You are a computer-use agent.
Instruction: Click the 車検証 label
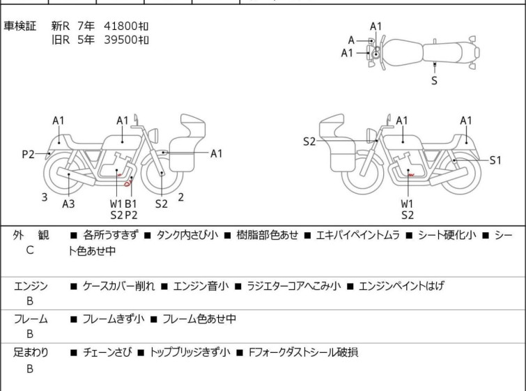(x=20, y=26)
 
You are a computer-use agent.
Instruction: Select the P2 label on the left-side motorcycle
(x=28, y=155)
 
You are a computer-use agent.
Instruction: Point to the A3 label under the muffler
(x=68, y=204)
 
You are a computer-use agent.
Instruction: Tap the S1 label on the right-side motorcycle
(x=495, y=160)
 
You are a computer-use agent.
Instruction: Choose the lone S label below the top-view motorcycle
(x=435, y=81)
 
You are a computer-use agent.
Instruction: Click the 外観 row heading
(x=31, y=236)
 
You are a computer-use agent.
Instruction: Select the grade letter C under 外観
(x=30, y=250)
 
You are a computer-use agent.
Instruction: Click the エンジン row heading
(x=31, y=286)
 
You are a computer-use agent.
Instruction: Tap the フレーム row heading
(x=31, y=320)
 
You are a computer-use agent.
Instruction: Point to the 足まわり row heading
(x=31, y=353)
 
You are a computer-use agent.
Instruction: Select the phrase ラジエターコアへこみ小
(x=292, y=286)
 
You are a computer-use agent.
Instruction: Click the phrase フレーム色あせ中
(x=199, y=320)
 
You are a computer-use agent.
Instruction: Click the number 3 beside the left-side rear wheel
(x=45, y=197)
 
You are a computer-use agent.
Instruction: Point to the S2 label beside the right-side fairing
(x=309, y=142)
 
